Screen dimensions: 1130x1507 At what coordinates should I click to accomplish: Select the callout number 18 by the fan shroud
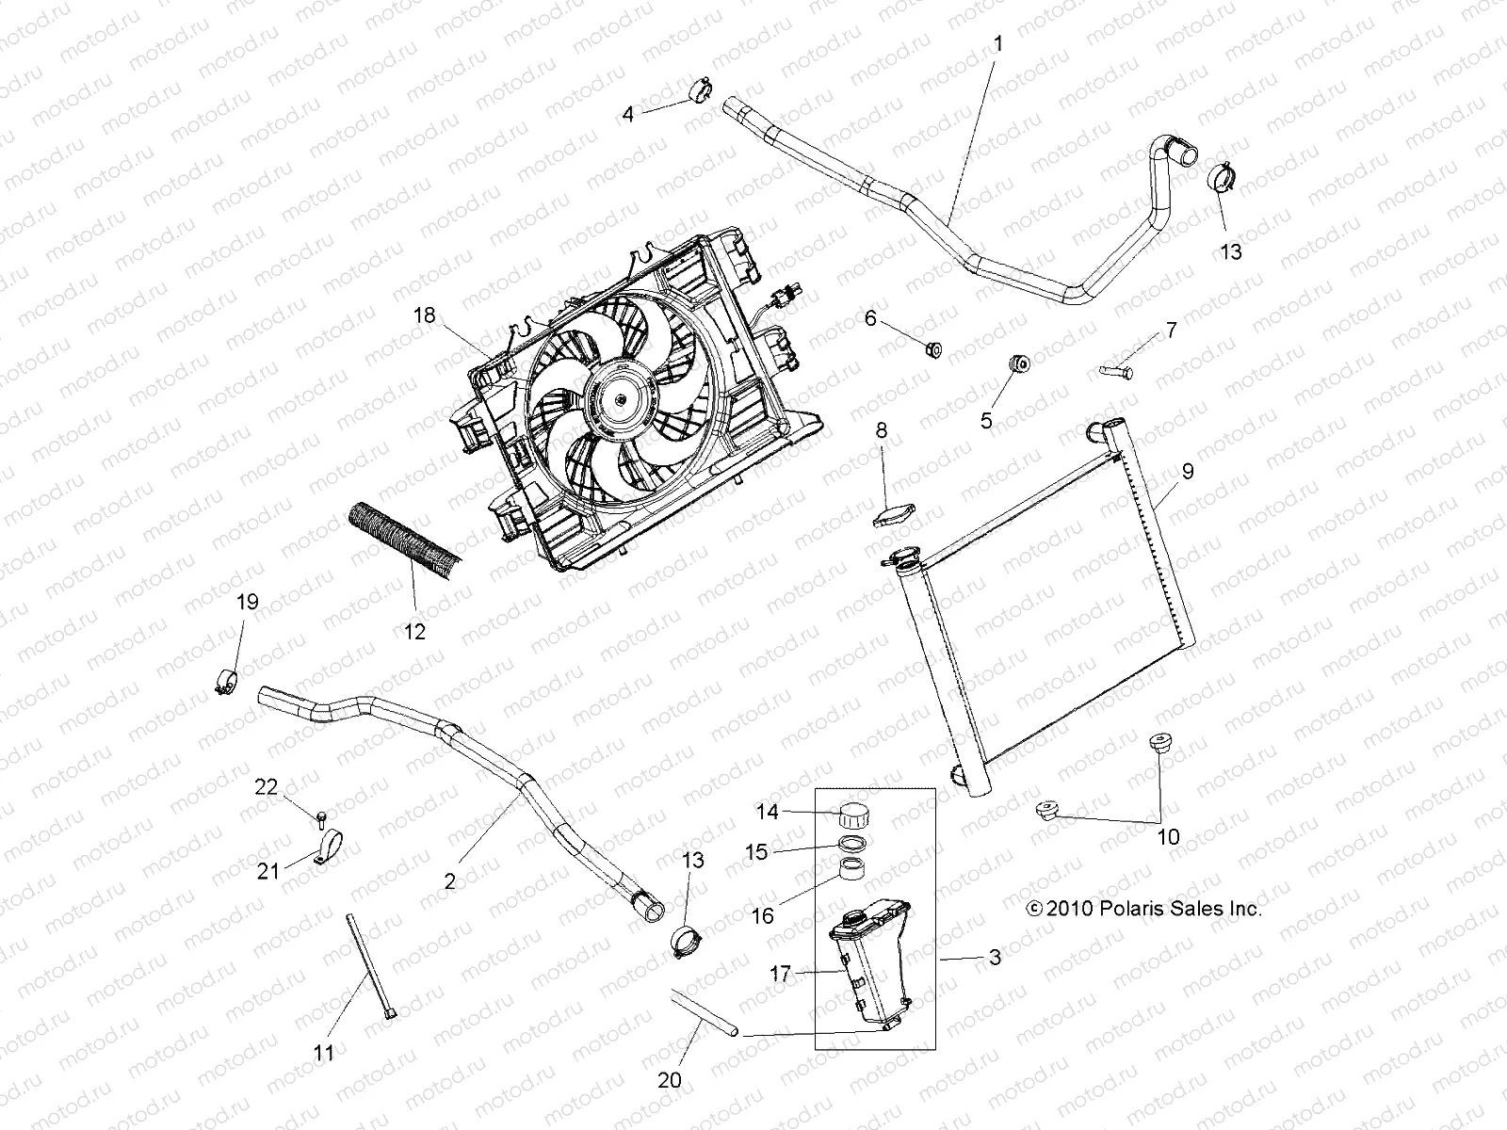tap(425, 315)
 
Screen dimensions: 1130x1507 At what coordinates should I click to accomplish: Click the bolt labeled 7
tap(1115, 372)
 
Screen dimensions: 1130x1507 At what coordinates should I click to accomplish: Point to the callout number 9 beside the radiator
tap(1187, 471)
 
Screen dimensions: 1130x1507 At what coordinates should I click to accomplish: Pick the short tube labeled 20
tap(705, 1012)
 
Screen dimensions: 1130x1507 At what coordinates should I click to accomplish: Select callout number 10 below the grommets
tap(1168, 837)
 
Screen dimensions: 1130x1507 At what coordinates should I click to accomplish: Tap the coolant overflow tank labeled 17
tap(867, 965)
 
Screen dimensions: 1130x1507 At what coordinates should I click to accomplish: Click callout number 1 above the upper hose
tap(998, 43)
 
